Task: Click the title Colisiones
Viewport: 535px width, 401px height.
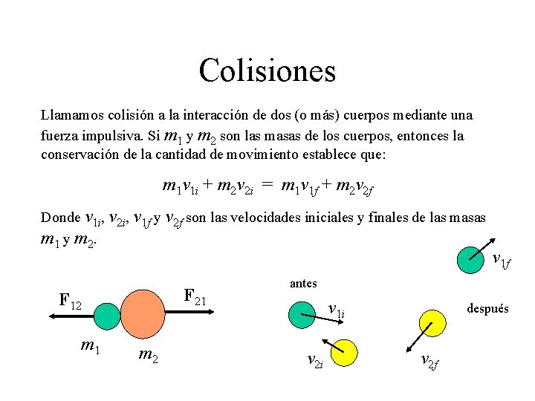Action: click(x=267, y=71)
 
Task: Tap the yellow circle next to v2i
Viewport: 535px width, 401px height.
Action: click(x=345, y=350)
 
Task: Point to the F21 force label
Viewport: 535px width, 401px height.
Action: click(x=195, y=298)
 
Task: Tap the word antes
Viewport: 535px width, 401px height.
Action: click(x=303, y=283)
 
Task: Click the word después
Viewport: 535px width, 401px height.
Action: click(x=487, y=308)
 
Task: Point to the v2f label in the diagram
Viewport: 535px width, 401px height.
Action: click(x=429, y=362)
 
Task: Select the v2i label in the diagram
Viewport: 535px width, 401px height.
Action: click(x=314, y=361)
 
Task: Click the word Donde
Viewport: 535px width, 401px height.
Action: click(x=61, y=218)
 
